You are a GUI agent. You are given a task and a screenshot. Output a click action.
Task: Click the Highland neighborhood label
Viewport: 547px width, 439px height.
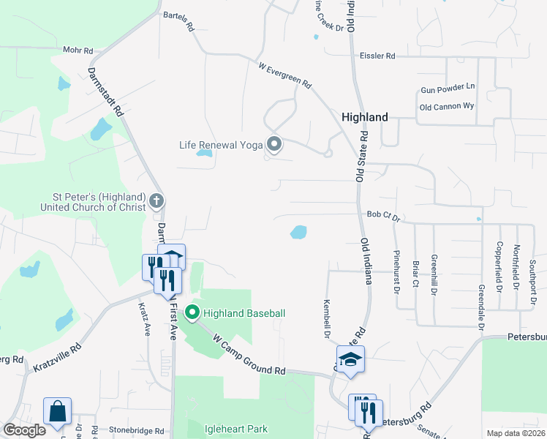[365, 117]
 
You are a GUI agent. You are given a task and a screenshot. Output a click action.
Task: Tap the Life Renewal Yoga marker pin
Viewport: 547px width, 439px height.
[274, 144]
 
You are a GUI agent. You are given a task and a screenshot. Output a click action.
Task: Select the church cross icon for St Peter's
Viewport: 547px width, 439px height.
[156, 200]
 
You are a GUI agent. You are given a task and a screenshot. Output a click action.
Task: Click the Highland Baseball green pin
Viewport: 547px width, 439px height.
[192, 313]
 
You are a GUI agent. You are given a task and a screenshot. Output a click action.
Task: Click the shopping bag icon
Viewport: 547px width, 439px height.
[57, 411]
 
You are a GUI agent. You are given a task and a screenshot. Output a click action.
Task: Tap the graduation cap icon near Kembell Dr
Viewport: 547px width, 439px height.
[350, 360]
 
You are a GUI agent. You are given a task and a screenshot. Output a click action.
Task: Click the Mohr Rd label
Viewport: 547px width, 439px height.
[78, 51]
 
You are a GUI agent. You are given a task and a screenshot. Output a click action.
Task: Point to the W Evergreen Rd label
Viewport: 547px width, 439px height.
[285, 75]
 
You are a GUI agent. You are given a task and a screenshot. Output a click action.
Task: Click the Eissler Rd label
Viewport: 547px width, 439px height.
[377, 56]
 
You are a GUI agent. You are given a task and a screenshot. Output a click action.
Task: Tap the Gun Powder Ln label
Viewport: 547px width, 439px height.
[448, 88]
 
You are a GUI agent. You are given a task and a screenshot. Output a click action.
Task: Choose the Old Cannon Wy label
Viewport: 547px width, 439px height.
[447, 107]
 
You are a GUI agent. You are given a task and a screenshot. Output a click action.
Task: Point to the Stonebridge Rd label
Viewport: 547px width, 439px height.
[137, 431]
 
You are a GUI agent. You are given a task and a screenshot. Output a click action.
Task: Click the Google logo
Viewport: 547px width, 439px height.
[24, 430]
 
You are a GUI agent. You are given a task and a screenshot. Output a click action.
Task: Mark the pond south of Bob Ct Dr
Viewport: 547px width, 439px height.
[298, 233]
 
